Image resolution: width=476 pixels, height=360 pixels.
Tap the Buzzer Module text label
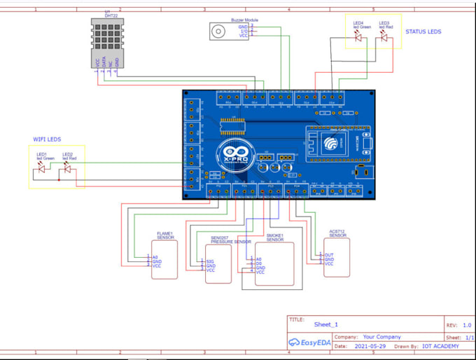coord(244,20)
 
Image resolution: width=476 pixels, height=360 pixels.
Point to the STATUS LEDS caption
coord(423,32)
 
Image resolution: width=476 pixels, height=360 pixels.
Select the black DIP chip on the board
coord(232,125)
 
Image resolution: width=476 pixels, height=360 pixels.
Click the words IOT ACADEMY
coord(440,347)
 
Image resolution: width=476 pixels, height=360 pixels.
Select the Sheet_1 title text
coord(326,325)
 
